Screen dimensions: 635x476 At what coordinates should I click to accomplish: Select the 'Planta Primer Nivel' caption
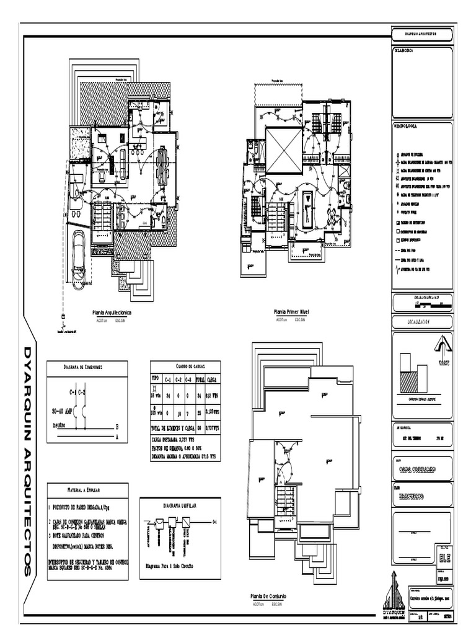pos(291,311)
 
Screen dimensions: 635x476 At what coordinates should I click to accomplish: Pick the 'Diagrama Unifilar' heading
pos(180,506)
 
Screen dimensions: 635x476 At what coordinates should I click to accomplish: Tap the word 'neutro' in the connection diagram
pos(59,426)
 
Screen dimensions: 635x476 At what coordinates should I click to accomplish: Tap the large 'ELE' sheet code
pos(441,557)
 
